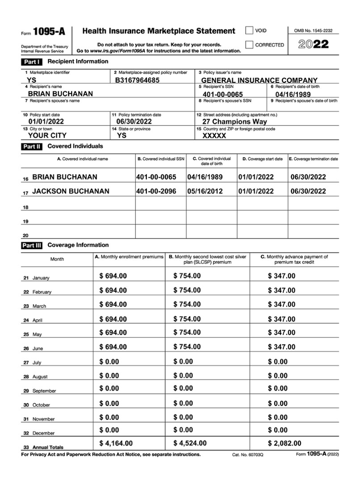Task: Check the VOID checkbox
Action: (249, 31)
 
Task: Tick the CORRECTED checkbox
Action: (249, 45)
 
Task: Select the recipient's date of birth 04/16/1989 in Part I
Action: (293, 95)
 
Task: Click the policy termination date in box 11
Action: (134, 121)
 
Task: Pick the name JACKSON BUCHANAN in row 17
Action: (71, 191)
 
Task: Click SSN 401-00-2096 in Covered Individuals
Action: (156, 191)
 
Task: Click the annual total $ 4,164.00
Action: (116, 443)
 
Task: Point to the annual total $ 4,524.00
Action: (190, 443)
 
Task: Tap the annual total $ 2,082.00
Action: (285, 443)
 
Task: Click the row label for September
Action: (44, 391)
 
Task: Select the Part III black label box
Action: (32, 245)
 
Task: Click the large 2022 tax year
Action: (314, 44)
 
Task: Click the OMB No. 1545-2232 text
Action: (313, 30)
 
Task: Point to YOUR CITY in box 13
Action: (47, 135)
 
